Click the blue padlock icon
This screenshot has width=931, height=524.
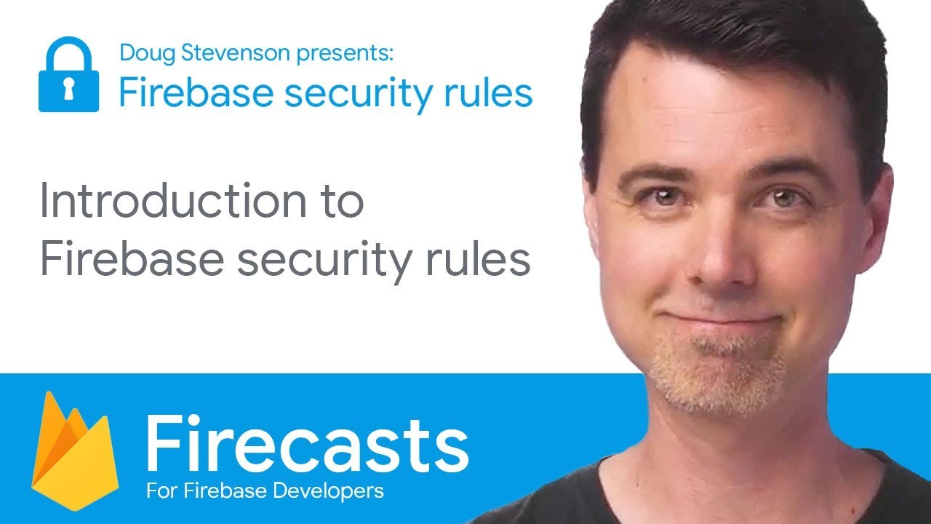[x=68, y=74]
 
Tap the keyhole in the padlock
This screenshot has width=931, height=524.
[x=68, y=89]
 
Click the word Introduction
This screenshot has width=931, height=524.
[x=173, y=201]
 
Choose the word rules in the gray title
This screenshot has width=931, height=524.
[x=478, y=258]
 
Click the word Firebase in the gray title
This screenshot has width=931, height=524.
[x=132, y=258]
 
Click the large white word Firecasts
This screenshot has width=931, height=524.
[x=308, y=445]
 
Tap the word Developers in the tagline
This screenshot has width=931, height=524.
[x=328, y=491]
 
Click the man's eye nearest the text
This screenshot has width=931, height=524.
[x=665, y=196]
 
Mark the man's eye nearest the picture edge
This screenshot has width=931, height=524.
[x=782, y=197]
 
